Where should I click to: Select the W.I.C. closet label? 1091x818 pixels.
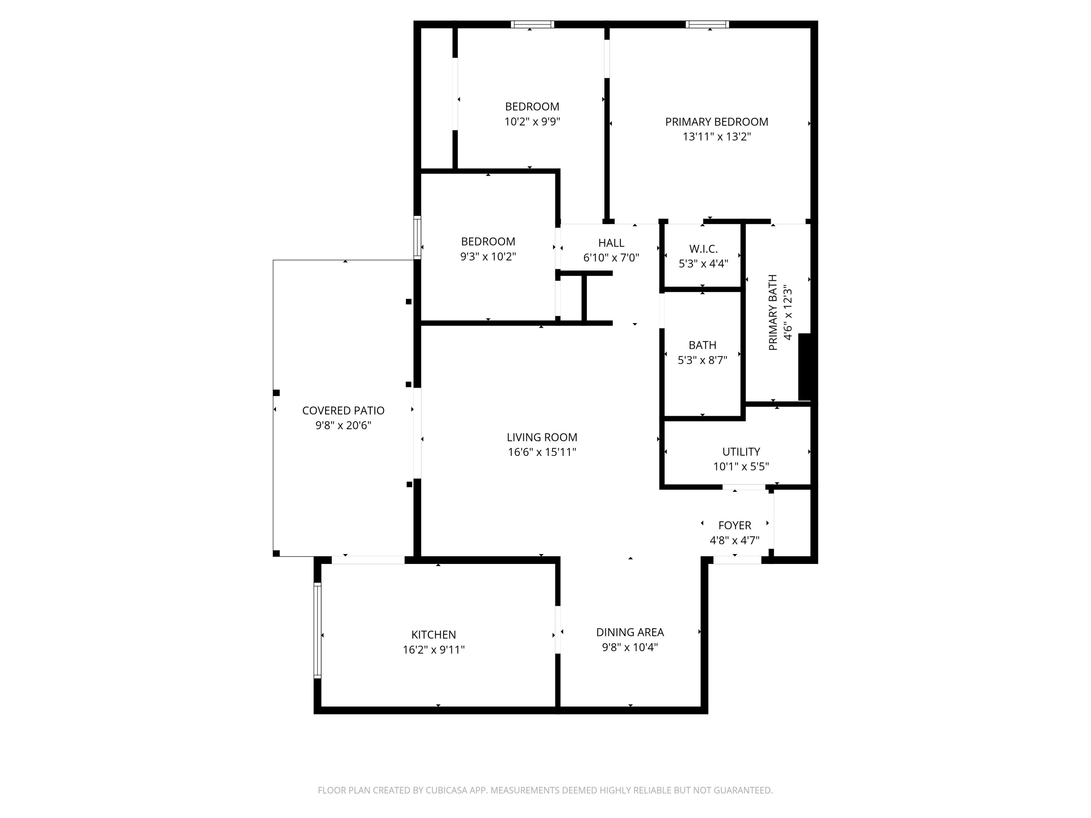click(x=703, y=249)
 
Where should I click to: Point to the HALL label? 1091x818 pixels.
click(x=611, y=243)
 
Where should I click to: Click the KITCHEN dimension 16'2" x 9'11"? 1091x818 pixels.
click(x=433, y=650)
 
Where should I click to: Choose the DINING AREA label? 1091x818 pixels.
click(x=630, y=632)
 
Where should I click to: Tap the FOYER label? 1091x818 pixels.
click(x=734, y=526)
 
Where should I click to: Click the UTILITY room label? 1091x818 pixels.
click(x=741, y=452)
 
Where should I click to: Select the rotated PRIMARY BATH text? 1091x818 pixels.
click(x=773, y=313)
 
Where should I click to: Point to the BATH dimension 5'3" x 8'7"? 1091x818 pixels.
click(x=702, y=360)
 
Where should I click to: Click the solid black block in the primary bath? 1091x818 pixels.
click(x=804, y=367)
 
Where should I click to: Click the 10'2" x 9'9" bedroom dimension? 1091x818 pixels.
click(x=532, y=122)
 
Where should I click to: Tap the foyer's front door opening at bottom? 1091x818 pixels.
click(x=738, y=560)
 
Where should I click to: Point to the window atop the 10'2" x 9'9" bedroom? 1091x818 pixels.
click(x=532, y=24)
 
